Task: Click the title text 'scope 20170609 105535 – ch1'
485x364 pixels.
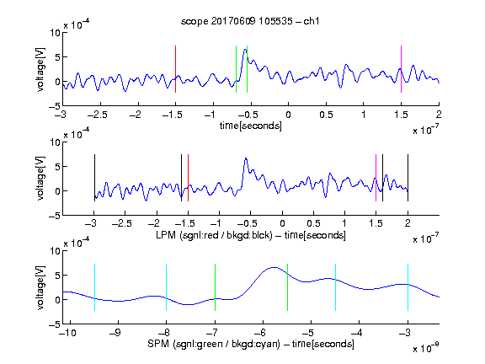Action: click(x=250, y=21)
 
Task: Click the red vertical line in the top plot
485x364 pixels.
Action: click(x=175, y=69)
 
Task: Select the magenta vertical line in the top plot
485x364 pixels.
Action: click(x=401, y=69)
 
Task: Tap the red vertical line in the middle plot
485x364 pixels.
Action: click(x=188, y=178)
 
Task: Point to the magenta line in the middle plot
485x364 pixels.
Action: click(x=376, y=178)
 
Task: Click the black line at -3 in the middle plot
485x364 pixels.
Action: click(x=94, y=178)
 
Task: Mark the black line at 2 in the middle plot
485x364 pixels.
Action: click(x=408, y=178)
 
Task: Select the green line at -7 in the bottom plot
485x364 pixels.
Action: click(x=215, y=287)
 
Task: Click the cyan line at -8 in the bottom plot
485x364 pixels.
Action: click(x=166, y=287)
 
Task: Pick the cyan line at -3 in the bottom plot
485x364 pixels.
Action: click(x=408, y=287)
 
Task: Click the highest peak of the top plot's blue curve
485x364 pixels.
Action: click(x=245, y=49)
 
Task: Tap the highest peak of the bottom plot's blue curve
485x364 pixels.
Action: click(x=274, y=267)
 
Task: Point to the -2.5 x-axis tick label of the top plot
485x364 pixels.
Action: click(x=98, y=115)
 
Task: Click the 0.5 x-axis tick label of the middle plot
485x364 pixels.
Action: click(x=313, y=223)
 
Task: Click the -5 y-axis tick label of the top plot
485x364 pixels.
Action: click(x=55, y=106)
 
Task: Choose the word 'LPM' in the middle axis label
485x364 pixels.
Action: click(x=166, y=235)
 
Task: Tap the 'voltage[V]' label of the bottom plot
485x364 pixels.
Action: click(x=40, y=287)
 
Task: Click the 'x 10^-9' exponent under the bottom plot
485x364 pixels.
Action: click(x=426, y=348)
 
